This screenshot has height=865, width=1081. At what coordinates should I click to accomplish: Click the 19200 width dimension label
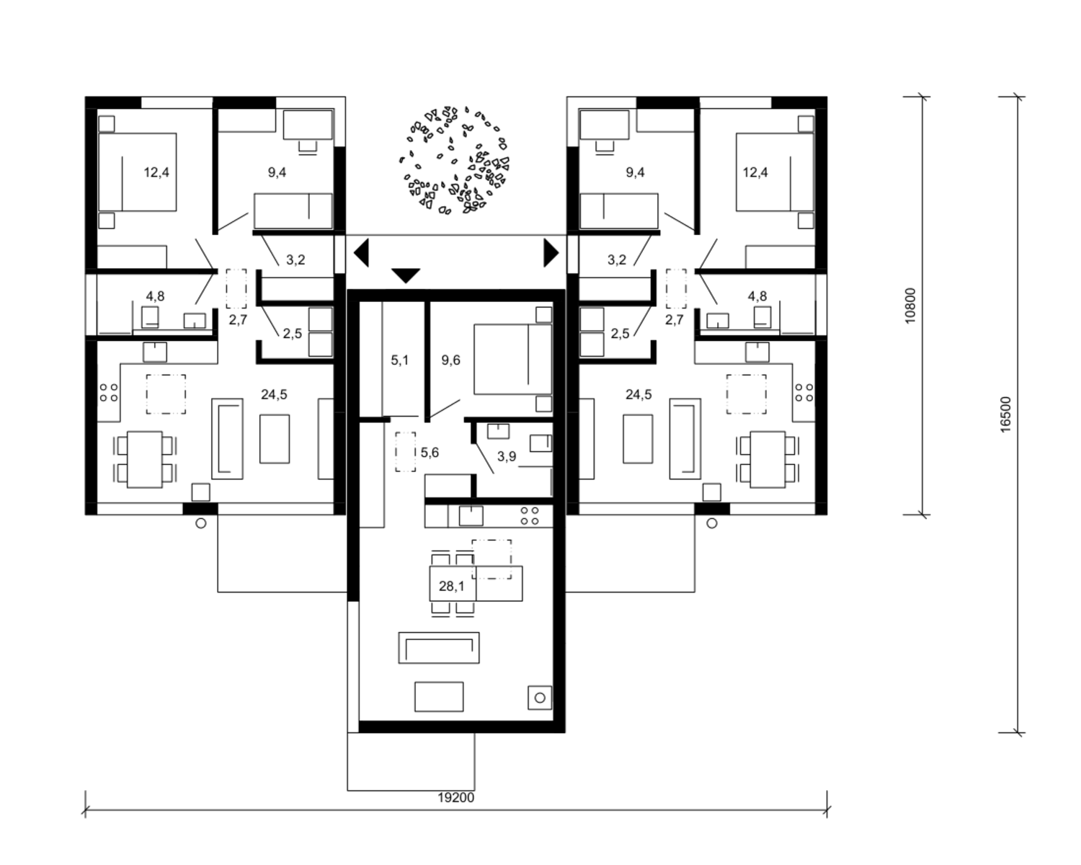pyautogui.click(x=455, y=798)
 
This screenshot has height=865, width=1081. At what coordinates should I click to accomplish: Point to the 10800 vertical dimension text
pyautogui.click(x=910, y=306)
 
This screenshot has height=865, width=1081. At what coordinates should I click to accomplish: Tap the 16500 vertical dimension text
pyautogui.click(x=1005, y=414)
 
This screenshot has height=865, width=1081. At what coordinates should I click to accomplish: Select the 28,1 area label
pyautogui.click(x=451, y=586)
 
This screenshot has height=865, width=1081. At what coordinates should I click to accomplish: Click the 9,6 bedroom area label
pyautogui.click(x=450, y=360)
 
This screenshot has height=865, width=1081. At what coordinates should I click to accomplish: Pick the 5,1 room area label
pyautogui.click(x=399, y=360)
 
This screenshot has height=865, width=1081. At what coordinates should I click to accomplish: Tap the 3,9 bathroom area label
pyautogui.click(x=507, y=456)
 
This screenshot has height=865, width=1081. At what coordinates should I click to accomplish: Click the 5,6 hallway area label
pyautogui.click(x=430, y=453)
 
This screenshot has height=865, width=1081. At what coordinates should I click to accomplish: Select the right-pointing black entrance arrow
pyautogui.click(x=551, y=253)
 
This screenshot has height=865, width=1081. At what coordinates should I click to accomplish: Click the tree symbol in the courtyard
pyautogui.click(x=455, y=160)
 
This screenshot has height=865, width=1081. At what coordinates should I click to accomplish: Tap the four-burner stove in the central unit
pyautogui.click(x=530, y=515)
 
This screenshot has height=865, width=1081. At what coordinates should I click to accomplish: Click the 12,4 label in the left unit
pyautogui.click(x=156, y=172)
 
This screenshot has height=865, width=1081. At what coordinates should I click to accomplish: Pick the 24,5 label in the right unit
pyautogui.click(x=639, y=394)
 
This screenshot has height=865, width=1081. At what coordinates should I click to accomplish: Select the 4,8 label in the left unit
pyautogui.click(x=155, y=296)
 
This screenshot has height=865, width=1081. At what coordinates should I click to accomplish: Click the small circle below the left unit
pyautogui.click(x=200, y=523)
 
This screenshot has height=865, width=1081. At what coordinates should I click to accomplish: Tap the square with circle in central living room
pyautogui.click(x=540, y=698)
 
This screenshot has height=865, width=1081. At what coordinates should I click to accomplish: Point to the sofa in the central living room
pyautogui.click(x=439, y=648)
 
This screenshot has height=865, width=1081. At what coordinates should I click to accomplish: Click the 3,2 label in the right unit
pyautogui.click(x=617, y=259)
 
